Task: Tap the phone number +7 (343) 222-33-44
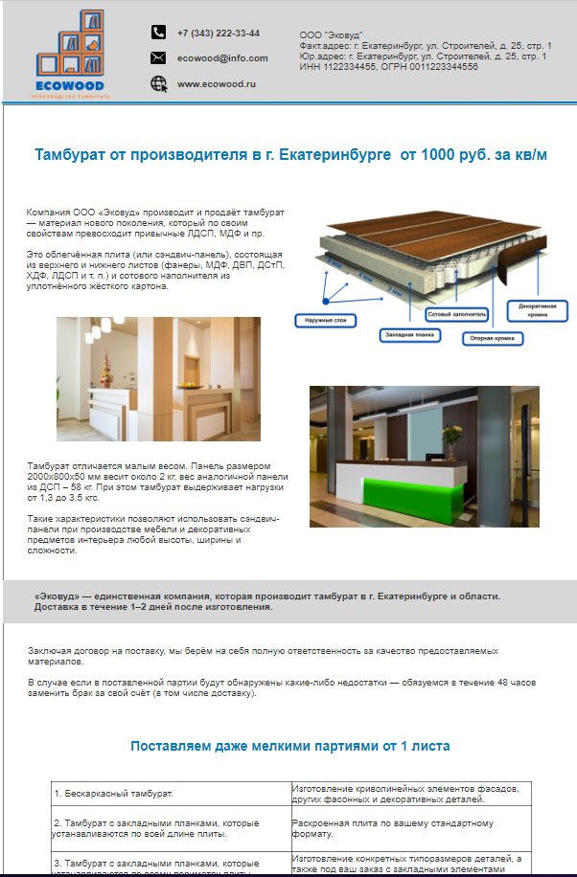coord(219,33)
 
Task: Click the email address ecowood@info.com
coord(221,58)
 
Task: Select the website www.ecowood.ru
coord(217,84)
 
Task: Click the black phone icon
coord(158,33)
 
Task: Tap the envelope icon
coord(158,58)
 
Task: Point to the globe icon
coord(158,84)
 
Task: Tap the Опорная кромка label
coord(491,338)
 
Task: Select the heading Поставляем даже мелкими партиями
coord(289,746)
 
